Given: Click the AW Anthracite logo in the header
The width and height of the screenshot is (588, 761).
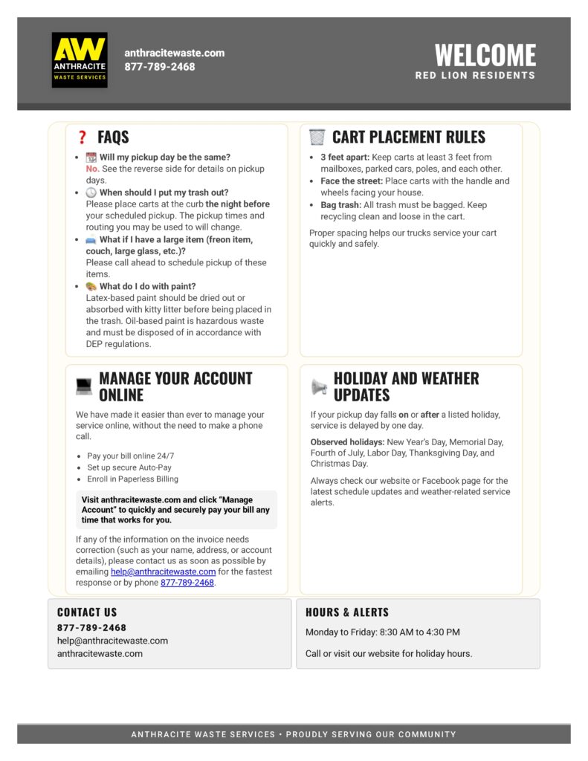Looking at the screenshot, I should [x=80, y=59].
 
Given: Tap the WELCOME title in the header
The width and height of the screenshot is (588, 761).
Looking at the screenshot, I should [x=485, y=55].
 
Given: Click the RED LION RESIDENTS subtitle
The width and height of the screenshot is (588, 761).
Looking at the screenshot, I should [x=475, y=76].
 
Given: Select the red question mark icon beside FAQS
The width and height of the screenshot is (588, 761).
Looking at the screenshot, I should [x=83, y=137].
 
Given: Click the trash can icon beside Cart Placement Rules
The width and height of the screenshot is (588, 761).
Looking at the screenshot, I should [x=317, y=137].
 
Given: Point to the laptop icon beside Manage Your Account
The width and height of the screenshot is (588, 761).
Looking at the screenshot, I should [x=84, y=386].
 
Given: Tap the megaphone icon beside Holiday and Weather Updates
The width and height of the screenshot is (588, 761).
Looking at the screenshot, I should [x=319, y=386].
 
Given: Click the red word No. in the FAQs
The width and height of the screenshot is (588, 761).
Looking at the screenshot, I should [x=92, y=169].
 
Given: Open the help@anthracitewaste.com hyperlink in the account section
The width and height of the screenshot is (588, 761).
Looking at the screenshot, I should [x=163, y=571].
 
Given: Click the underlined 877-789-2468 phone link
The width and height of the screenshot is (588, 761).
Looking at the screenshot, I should [x=187, y=583].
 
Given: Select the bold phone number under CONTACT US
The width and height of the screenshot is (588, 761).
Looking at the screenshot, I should [x=91, y=627].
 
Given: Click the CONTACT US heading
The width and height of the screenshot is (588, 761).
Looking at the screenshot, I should [x=87, y=612].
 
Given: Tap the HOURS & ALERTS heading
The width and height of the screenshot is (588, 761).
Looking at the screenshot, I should [x=347, y=612].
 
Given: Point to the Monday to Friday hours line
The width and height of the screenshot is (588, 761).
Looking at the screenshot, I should [x=382, y=632].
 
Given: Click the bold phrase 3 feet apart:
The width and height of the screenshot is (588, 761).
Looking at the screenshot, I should [x=345, y=158].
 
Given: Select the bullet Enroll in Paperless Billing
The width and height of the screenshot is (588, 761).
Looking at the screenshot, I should [x=132, y=479].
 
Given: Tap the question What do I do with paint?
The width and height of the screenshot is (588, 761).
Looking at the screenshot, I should [x=147, y=286].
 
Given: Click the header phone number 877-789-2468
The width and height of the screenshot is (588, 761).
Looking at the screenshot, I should [x=160, y=67].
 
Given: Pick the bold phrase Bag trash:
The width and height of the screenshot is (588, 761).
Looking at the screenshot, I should [x=340, y=205].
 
